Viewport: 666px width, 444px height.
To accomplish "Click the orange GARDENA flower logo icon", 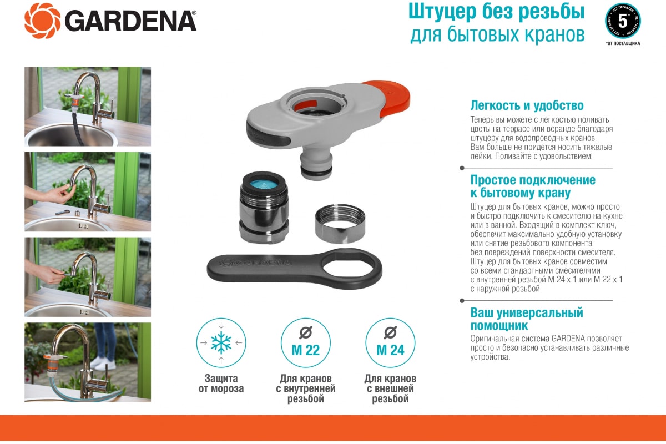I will point(42,21).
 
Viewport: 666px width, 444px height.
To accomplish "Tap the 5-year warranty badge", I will point(622,21).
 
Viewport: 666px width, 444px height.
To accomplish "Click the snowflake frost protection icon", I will point(221,343).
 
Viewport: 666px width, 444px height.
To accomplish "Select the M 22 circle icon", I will point(305,343).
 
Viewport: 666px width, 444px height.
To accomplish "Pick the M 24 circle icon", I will point(390,343).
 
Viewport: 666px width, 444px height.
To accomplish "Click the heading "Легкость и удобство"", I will point(527,105).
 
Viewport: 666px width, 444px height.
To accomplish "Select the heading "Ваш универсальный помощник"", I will point(527,319).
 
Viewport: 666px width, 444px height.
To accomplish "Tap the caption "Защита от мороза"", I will point(221,384).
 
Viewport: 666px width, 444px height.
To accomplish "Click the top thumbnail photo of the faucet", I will point(88,106).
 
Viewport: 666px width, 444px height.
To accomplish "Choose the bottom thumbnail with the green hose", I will point(88,362).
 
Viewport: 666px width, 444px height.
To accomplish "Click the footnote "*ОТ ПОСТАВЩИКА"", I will point(623,43).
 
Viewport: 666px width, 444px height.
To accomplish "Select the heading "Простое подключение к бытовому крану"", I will point(533,186).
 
